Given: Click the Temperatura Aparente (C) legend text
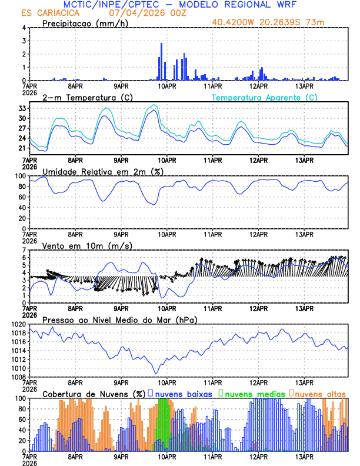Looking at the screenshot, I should click(x=265, y=97).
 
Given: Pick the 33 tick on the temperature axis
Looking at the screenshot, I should click(x=22, y=109).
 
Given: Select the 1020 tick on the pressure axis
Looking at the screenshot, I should click(x=18, y=325).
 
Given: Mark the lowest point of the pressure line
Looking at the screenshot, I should click(x=156, y=373).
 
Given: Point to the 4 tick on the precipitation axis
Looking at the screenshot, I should click(x=24, y=28).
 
